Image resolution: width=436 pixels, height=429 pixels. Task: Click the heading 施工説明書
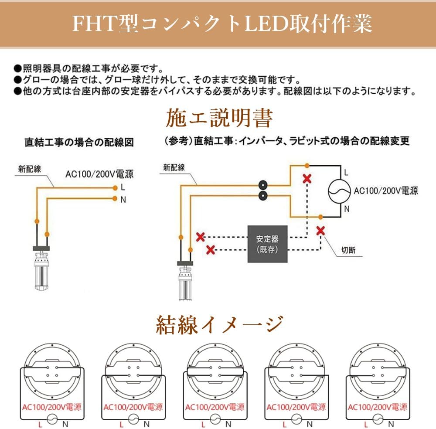(x=219, y=119)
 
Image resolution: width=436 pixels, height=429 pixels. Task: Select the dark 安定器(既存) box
(x=268, y=244)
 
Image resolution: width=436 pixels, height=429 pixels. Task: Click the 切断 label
(x=348, y=250)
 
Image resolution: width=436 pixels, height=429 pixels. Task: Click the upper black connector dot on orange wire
(x=263, y=184)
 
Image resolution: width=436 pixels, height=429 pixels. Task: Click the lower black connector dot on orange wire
(x=263, y=196)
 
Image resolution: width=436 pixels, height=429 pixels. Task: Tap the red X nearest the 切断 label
(x=320, y=231)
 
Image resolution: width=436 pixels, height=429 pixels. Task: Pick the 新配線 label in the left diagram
(x=30, y=169)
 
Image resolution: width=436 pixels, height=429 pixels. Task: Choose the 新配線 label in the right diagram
(x=174, y=167)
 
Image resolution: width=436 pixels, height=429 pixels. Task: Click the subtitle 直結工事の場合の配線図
(x=79, y=143)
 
